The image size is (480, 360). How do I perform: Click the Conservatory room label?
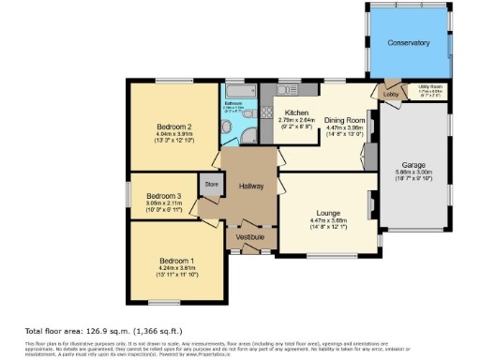(x=408, y=43)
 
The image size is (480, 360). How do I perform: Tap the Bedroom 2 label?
(x=175, y=127)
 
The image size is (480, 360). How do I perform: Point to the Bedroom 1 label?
(x=177, y=260)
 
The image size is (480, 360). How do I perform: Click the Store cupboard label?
(x=212, y=184)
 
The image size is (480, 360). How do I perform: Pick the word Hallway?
(x=251, y=185)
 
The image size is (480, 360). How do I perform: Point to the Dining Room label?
(x=344, y=121)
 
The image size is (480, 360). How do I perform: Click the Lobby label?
(x=390, y=95)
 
